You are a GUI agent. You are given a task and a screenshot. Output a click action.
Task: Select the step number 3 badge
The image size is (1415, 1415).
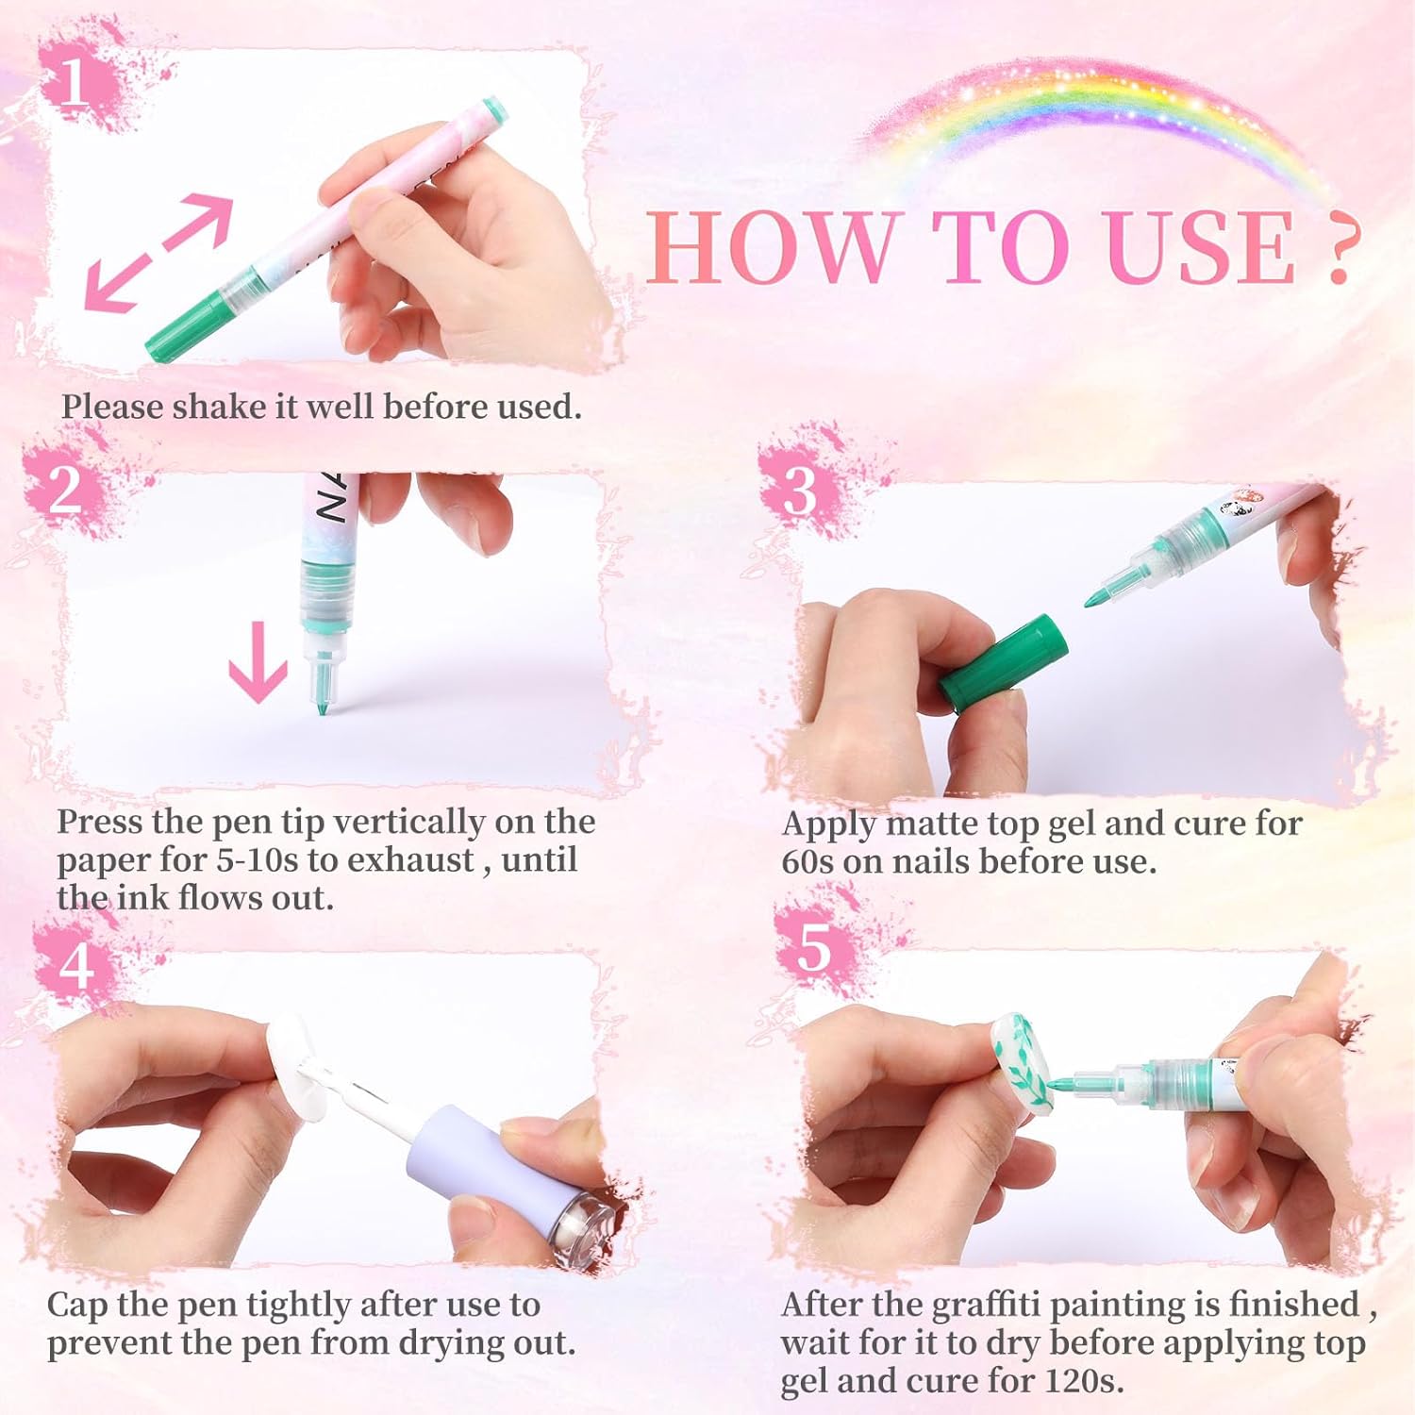(x=800, y=491)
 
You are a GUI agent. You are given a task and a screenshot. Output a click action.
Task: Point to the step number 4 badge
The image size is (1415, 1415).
(x=75, y=964)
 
